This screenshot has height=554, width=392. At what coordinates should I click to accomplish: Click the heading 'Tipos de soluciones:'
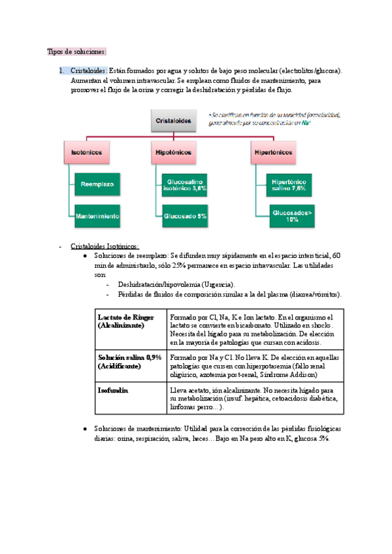click(77, 52)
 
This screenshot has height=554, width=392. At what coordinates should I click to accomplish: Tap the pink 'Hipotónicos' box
click(174, 152)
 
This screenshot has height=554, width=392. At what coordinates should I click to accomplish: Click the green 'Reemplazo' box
click(97, 184)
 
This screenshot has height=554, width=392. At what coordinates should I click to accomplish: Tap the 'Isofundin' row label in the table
click(113, 389)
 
